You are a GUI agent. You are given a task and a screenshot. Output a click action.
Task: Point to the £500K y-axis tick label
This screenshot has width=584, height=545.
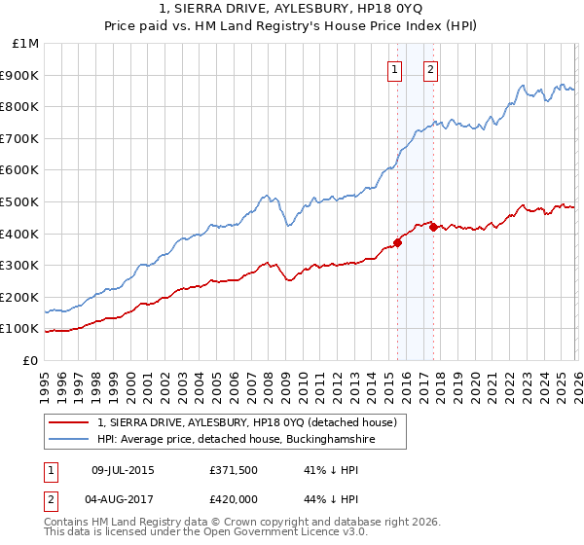(20, 202)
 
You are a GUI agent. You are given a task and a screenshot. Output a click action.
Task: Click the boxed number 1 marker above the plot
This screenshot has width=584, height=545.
(395, 68)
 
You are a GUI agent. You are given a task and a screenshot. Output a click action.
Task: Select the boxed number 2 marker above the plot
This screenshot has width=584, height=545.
(430, 68)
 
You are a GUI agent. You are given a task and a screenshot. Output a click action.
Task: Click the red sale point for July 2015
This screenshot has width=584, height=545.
(397, 242)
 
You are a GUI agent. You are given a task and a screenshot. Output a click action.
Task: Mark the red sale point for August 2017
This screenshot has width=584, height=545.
(433, 227)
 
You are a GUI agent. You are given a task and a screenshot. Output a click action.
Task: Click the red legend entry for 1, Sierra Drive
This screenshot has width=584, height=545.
(246, 423)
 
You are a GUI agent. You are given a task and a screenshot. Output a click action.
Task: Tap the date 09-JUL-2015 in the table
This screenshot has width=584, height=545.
(123, 469)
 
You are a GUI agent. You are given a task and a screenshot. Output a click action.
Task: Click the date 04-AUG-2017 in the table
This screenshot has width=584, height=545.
(123, 499)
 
